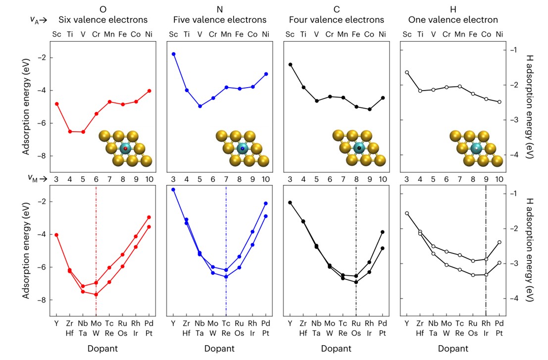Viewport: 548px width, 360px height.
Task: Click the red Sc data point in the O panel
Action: click(x=57, y=104)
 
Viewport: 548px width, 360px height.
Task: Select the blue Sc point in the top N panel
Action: click(x=173, y=54)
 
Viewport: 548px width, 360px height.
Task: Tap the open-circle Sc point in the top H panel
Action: click(x=407, y=72)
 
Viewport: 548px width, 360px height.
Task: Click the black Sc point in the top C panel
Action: click(x=290, y=64)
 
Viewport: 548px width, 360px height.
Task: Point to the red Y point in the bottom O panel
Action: click(x=57, y=235)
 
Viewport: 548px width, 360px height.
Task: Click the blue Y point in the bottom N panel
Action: click(x=173, y=190)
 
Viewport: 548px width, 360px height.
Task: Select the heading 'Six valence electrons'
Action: click(x=103, y=20)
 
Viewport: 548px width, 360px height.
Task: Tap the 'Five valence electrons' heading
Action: click(x=220, y=20)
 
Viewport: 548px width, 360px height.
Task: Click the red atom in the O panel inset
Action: click(x=126, y=148)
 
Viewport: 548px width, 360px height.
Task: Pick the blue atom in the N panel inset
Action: click(x=243, y=148)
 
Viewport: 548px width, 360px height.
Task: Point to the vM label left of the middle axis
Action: click(x=38, y=178)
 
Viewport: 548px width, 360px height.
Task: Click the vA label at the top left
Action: click(x=38, y=20)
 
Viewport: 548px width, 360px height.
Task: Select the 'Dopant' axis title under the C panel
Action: click(x=337, y=348)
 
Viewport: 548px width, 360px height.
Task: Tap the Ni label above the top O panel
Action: click(x=149, y=34)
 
